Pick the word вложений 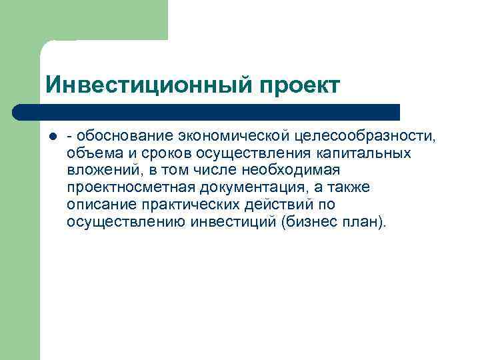coord(99,171)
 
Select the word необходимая coord(289,171)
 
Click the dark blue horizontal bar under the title coord(207,111)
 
